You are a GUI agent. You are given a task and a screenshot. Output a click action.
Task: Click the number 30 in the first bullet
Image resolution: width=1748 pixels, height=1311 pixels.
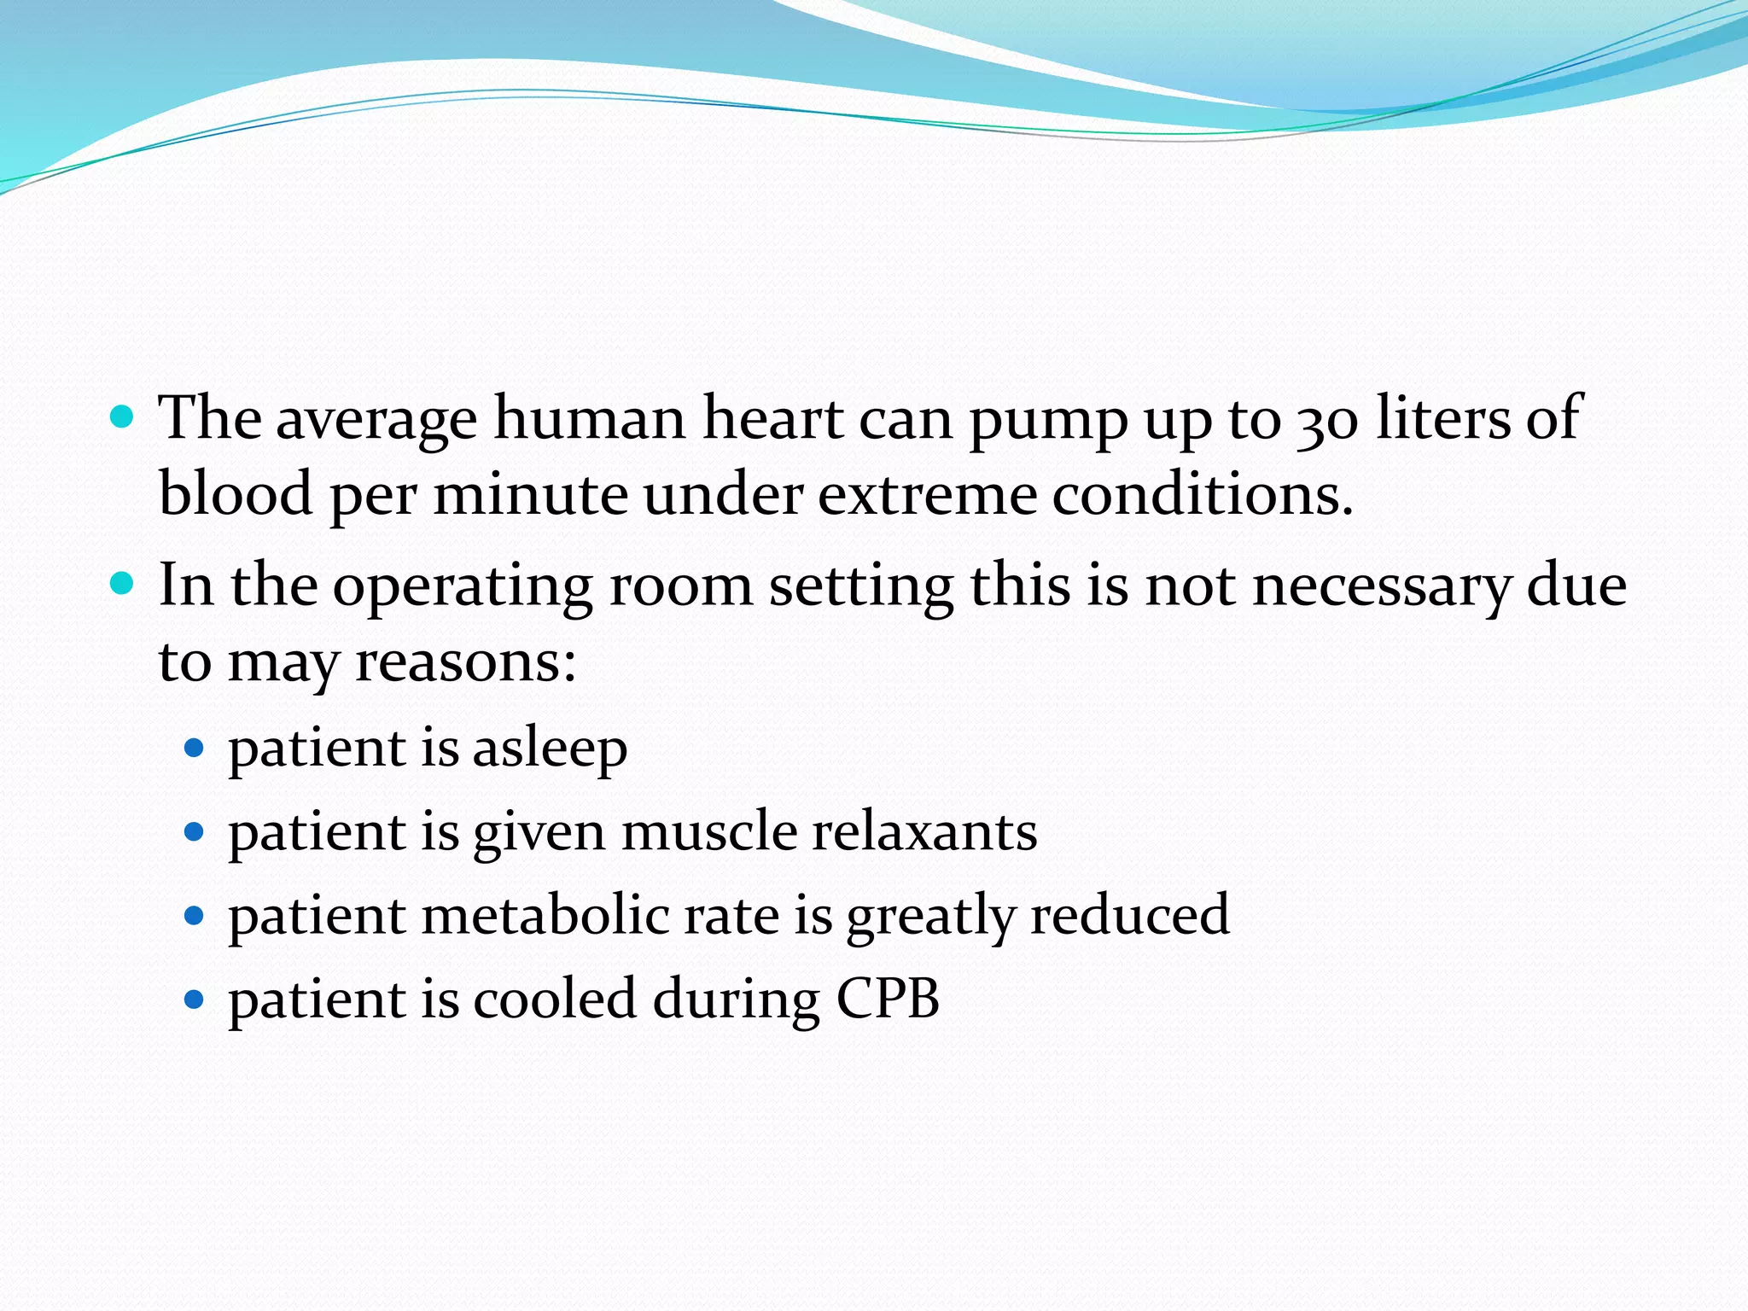point(1327,422)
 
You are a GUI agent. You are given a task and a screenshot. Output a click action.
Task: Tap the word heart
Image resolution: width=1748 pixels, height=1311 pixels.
point(772,420)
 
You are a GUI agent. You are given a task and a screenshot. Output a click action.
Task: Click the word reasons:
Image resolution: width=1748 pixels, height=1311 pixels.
point(465,662)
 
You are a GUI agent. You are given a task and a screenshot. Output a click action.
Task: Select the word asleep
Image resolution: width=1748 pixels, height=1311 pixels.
point(550,749)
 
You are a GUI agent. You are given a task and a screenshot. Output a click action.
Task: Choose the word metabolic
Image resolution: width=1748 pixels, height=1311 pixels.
point(545,916)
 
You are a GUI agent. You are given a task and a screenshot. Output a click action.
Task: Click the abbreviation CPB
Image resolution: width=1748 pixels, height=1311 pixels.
point(888,999)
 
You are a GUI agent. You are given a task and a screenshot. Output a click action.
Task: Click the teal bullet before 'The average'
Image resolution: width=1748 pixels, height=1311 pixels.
point(123,417)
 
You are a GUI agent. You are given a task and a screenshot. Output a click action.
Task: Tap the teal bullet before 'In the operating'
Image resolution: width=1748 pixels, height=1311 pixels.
point(123,585)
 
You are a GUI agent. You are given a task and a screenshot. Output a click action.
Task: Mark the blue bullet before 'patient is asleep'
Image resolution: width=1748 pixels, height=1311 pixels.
point(195,749)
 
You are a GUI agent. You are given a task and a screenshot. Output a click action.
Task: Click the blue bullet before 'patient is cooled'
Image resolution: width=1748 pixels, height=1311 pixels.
point(195,999)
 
